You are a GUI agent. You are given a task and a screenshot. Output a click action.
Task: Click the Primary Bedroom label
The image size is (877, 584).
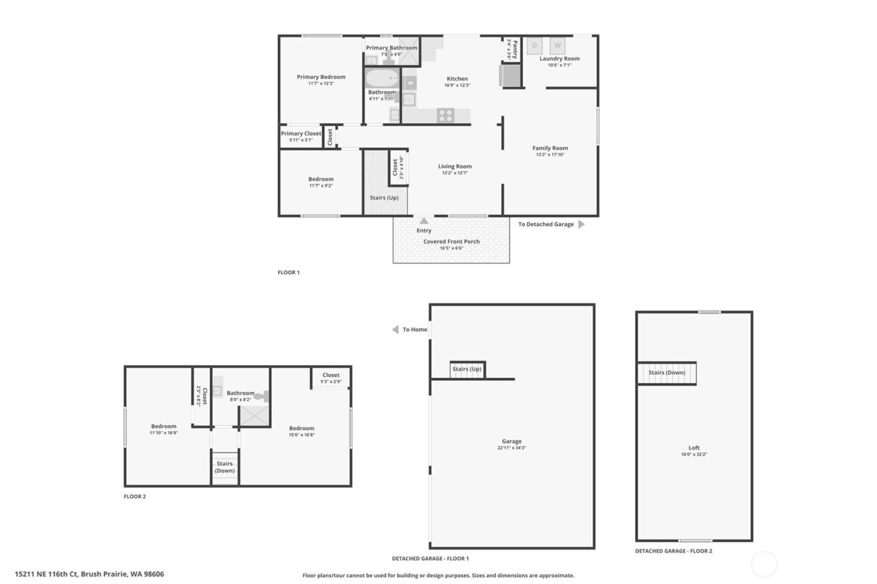click(x=321, y=77)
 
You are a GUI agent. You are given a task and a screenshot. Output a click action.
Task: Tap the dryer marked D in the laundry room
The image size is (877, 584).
click(x=534, y=45)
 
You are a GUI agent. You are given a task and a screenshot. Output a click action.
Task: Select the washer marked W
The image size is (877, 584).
click(x=557, y=45)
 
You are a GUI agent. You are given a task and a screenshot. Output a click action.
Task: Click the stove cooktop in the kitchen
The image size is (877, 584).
click(x=445, y=115)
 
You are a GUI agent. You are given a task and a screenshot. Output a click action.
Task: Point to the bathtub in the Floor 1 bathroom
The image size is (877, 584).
click(x=381, y=79)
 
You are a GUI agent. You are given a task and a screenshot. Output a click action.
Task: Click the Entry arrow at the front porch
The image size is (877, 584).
click(x=424, y=221)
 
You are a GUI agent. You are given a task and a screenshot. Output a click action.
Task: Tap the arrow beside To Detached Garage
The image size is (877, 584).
click(x=581, y=224)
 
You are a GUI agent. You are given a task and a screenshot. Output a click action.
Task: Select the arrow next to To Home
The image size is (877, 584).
click(x=395, y=329)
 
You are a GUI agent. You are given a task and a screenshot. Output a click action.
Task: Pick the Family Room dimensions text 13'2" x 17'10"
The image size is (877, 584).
click(x=550, y=155)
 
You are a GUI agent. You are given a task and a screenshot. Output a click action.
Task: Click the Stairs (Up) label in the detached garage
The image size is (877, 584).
click(x=467, y=369)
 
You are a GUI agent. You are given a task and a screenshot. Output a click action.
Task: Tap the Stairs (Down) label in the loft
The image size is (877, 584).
click(x=667, y=372)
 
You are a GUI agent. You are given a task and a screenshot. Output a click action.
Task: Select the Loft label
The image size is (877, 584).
click(x=694, y=448)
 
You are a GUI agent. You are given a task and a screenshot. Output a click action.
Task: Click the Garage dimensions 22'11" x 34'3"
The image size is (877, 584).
click(x=511, y=448)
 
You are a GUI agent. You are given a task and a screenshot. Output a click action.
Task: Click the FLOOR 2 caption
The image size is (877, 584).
click(x=135, y=496)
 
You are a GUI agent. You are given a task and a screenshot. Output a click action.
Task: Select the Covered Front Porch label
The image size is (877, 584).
click(x=451, y=242)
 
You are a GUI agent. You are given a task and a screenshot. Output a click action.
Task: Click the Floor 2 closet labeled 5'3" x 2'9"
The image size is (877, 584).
click(x=331, y=378)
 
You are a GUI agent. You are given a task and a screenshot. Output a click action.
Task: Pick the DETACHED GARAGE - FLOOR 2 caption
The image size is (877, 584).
click(x=673, y=551)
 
